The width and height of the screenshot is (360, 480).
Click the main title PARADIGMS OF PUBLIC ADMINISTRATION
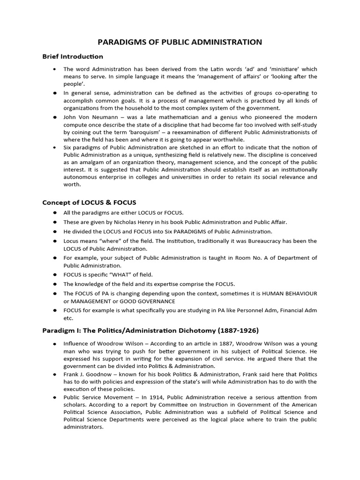tap(180, 42)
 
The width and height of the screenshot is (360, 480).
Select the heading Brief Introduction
tap(73, 56)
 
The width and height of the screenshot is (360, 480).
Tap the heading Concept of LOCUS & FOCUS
tap(89, 202)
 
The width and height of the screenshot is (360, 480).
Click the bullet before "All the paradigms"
tap(55, 213)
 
